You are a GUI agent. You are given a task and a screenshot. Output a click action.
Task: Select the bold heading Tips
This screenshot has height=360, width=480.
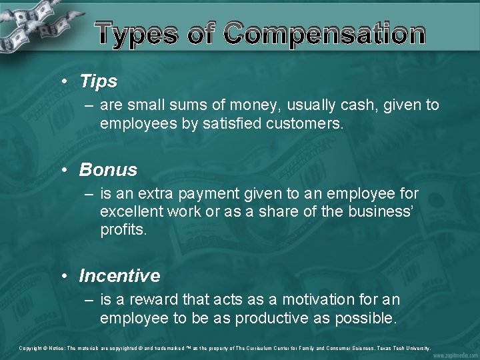coord(98,82)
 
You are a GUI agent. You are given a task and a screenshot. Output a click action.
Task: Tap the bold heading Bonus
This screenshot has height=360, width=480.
coord(108,170)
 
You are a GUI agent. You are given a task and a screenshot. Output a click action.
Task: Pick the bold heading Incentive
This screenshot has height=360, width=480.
coord(119,276)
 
